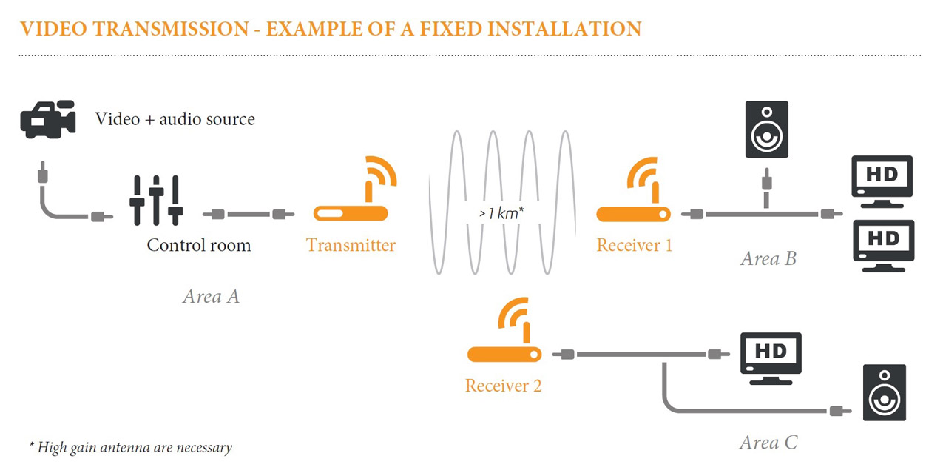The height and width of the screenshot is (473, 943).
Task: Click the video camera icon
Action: point(48,119)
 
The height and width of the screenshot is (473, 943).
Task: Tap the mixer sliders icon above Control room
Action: point(156,200)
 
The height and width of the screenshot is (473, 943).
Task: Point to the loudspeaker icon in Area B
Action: point(766,130)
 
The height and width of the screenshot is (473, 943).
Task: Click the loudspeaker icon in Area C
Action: point(885,393)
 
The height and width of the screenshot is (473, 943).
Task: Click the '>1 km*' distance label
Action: point(501,213)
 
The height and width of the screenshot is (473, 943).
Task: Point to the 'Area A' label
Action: point(211,297)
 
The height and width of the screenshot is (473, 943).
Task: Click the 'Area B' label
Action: point(768,258)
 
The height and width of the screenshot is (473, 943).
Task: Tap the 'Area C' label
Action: point(768,443)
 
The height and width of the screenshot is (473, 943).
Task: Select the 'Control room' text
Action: point(199,245)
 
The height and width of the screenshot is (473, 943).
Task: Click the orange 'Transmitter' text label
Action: point(351,245)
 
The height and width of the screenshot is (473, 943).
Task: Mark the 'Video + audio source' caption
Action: point(175,119)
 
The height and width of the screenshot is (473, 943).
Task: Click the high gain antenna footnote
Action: point(130,447)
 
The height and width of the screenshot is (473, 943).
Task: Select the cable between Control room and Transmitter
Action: point(248,215)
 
